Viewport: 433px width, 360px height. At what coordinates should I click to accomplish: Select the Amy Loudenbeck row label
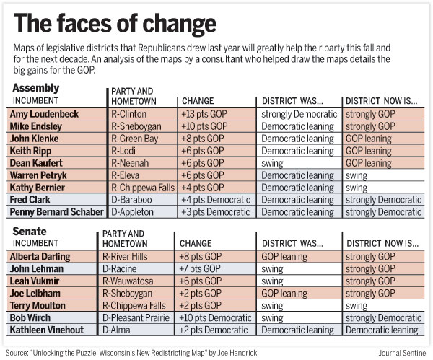coord(45,114)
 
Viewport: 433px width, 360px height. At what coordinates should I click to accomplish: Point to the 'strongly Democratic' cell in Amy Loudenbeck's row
coord(299,114)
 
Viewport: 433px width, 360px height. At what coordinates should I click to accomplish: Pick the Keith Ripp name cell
coord(32,151)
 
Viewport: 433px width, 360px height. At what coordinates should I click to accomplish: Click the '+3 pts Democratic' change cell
coord(214,212)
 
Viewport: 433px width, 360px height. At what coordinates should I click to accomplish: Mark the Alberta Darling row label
coord(40,256)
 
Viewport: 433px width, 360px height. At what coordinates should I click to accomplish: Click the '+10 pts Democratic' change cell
coord(216,317)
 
